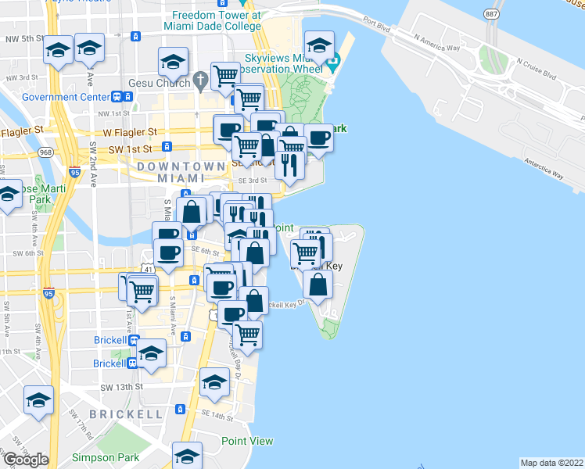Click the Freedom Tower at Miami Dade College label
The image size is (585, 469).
[x=216, y=20]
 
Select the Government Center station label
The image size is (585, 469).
[x=66, y=97]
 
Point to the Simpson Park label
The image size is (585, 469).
[x=105, y=457]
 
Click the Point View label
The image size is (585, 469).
[x=247, y=441]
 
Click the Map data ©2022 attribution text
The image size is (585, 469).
[x=552, y=463]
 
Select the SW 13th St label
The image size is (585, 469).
[x=122, y=386]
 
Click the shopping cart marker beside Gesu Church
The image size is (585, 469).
[x=225, y=76]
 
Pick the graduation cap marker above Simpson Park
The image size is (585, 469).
[x=188, y=455]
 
